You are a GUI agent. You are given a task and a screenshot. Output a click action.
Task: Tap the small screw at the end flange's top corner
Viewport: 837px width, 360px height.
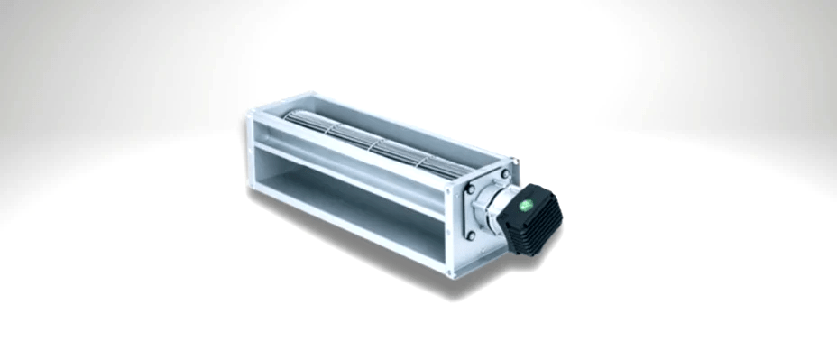tap(512, 163)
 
